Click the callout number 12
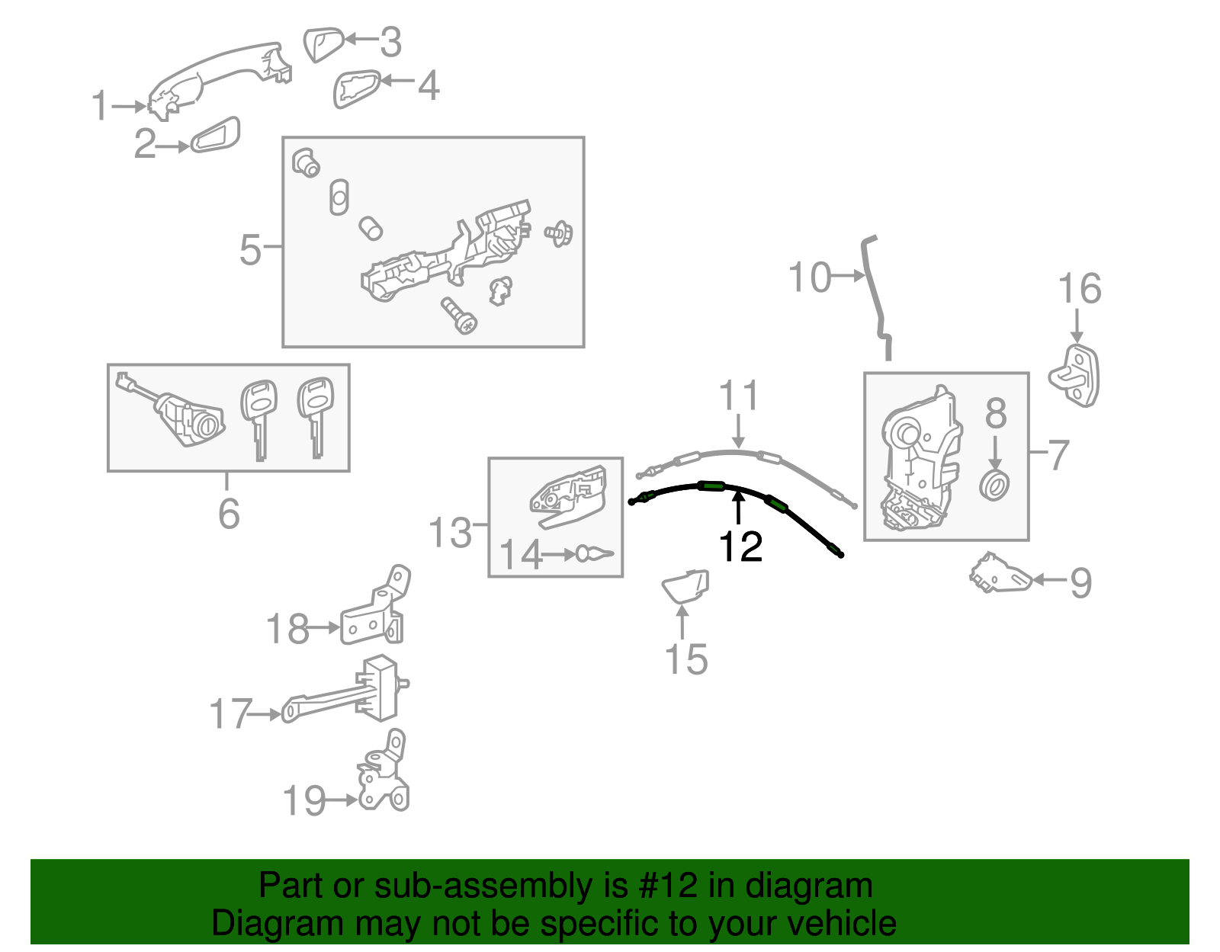(x=740, y=547)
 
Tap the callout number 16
(x=1079, y=289)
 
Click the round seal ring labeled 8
(x=994, y=485)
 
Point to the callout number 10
(x=809, y=277)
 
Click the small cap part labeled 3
(x=323, y=43)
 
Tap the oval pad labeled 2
(x=215, y=136)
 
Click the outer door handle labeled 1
(x=217, y=77)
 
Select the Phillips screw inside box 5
(x=458, y=315)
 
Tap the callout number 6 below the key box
(x=229, y=514)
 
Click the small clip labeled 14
(x=594, y=553)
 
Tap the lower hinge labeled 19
(x=384, y=777)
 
